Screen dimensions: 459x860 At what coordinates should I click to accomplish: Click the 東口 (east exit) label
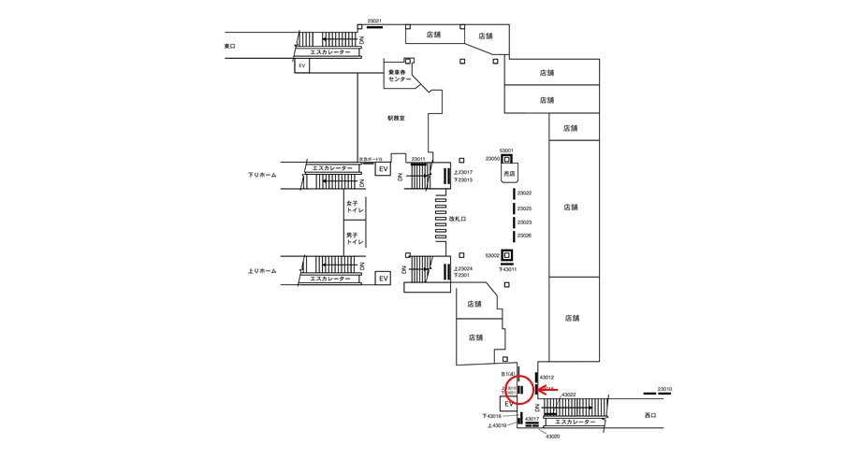point(230,46)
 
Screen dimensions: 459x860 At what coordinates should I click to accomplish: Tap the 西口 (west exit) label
point(650,415)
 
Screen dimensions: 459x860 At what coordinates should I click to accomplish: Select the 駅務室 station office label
point(396,119)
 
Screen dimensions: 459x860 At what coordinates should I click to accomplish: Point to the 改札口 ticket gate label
point(458,219)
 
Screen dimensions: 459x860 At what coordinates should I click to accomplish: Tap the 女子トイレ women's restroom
point(354,207)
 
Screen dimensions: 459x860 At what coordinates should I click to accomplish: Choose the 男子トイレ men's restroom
point(354,237)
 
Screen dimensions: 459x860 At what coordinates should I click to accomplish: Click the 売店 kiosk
point(509,174)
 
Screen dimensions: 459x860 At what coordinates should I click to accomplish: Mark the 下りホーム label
point(262,175)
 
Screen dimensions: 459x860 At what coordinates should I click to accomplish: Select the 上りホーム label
point(262,271)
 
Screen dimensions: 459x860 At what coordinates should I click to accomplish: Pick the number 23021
point(374,22)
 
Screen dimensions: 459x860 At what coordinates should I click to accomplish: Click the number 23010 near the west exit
point(664,389)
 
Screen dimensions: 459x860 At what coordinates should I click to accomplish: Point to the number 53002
point(492,255)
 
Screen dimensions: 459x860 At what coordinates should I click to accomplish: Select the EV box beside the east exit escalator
point(302,66)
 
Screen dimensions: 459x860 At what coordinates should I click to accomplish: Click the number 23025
point(524,208)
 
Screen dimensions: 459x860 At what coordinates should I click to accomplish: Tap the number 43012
point(547,378)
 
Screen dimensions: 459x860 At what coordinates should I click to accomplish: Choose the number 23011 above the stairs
point(417,159)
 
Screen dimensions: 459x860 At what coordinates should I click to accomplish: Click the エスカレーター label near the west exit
point(570,423)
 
